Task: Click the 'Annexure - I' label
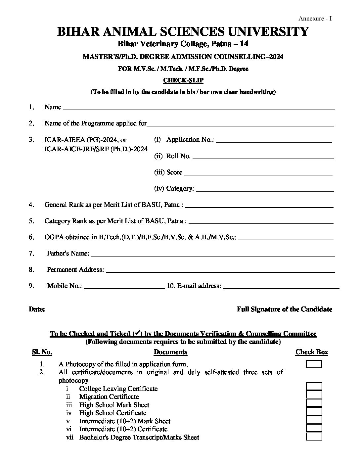click(x=315, y=19)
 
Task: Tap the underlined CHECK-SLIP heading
click(x=183, y=80)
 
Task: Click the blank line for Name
click(x=199, y=107)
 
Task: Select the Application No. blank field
click(x=274, y=140)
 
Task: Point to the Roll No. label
click(x=178, y=156)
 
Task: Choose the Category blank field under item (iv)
click(x=265, y=189)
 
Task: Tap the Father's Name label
click(x=68, y=254)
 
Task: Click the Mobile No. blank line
click(x=124, y=286)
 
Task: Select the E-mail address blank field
click(x=281, y=286)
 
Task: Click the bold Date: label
click(x=37, y=309)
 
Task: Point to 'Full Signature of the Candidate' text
click(x=284, y=309)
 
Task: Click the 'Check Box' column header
click(x=312, y=352)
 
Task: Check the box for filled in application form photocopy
click(x=314, y=364)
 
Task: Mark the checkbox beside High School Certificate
click(x=314, y=411)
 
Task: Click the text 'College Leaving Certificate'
click(x=118, y=389)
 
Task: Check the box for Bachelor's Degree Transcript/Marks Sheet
click(x=314, y=437)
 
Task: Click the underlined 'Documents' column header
click(x=170, y=352)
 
